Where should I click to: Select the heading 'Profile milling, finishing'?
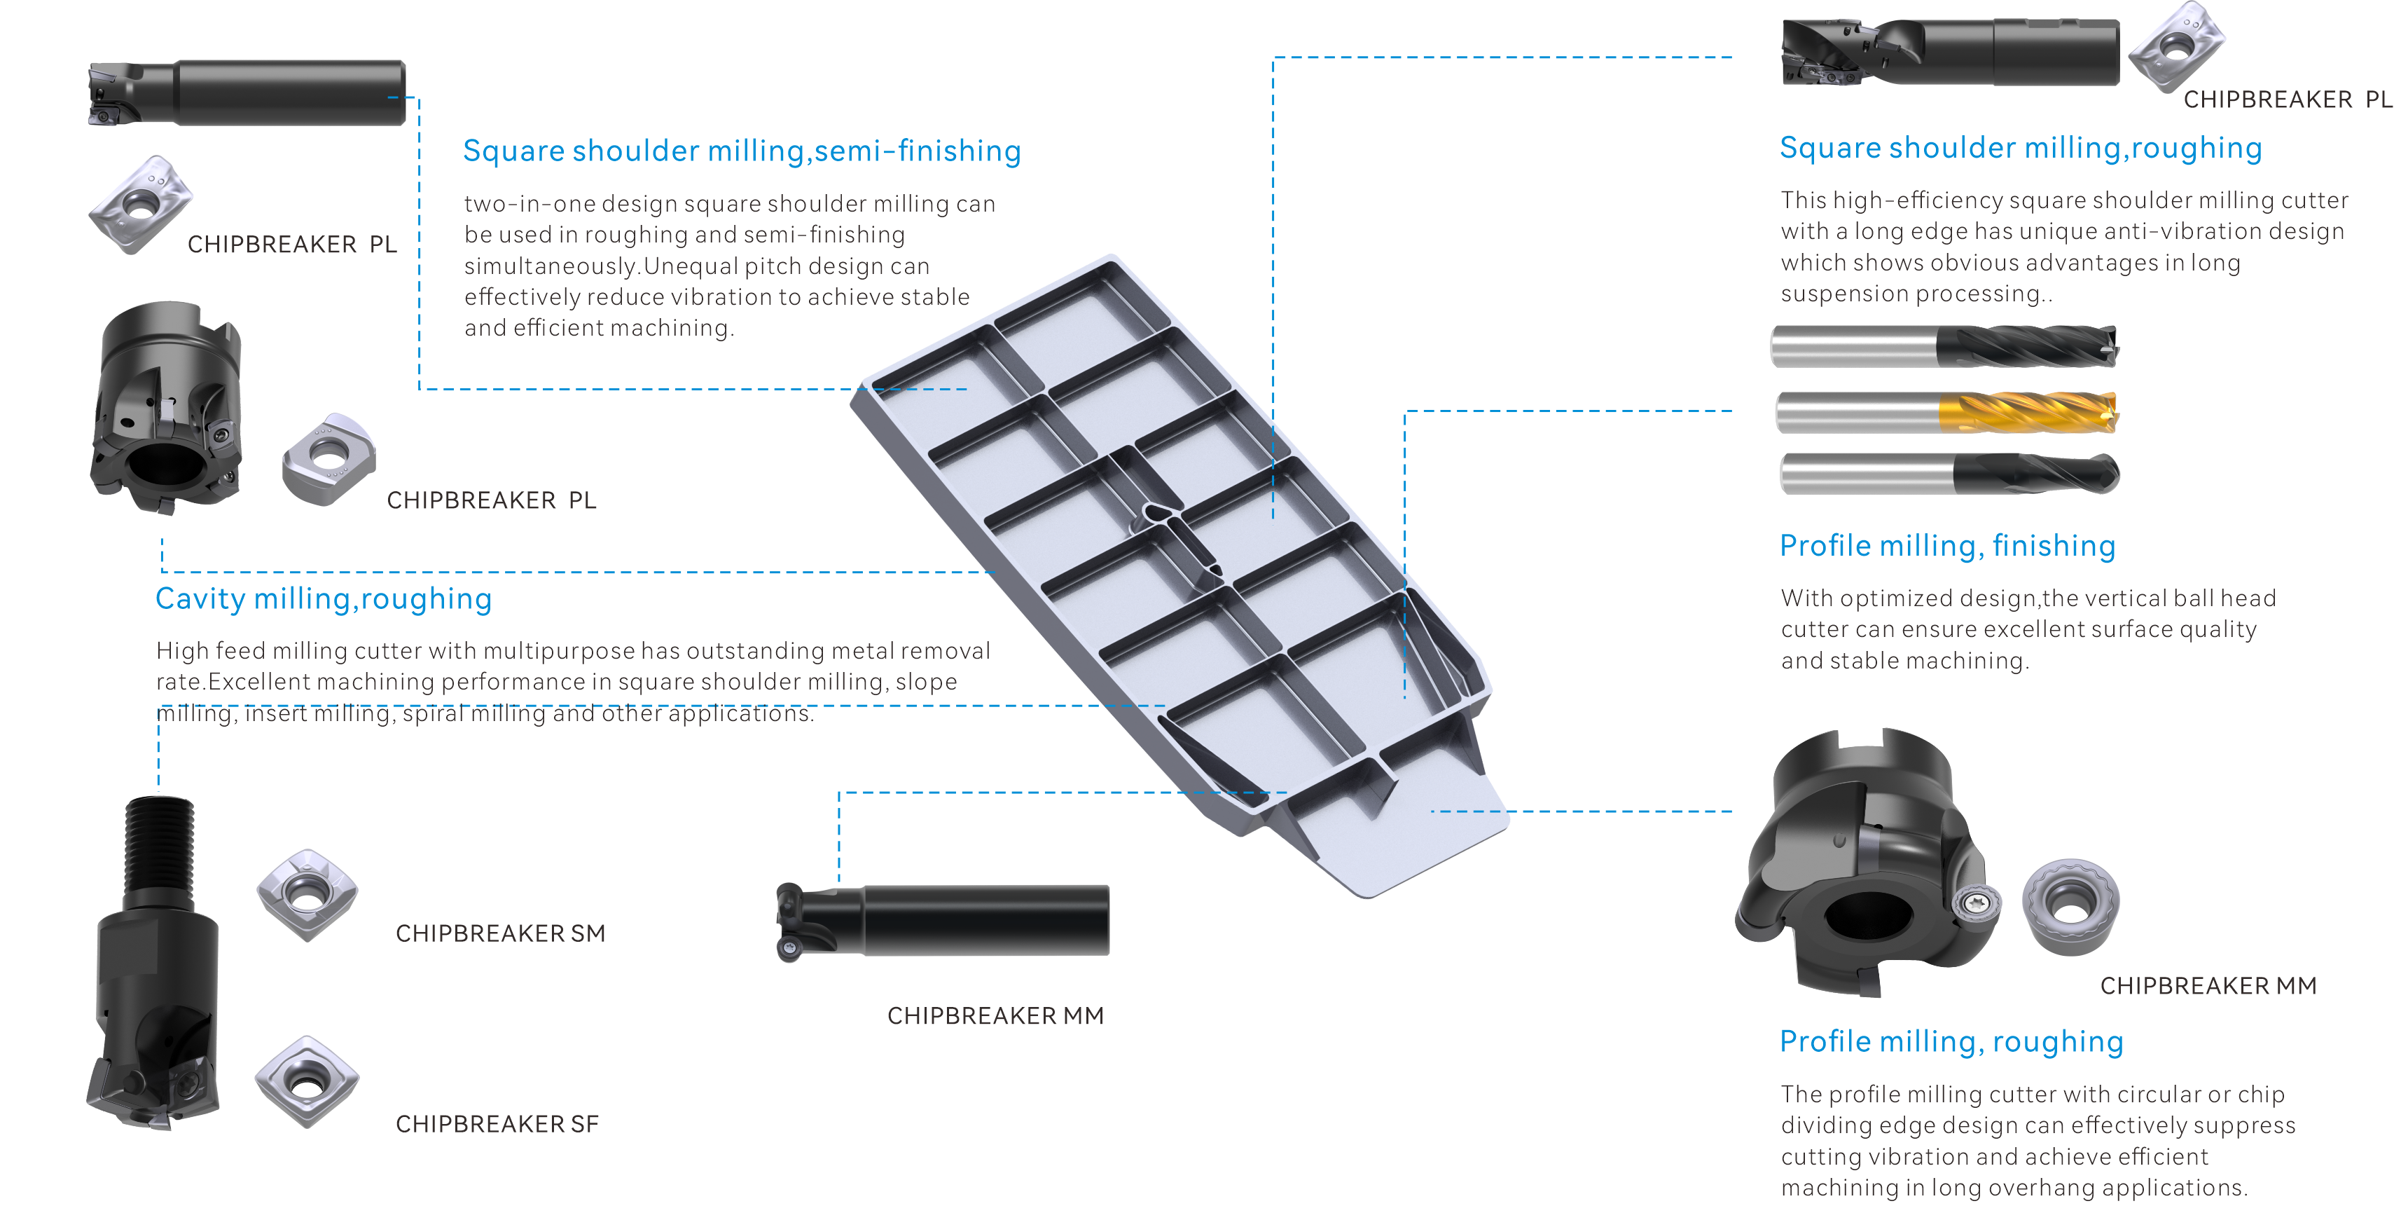point(1948,546)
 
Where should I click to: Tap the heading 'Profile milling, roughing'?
point(1951,1042)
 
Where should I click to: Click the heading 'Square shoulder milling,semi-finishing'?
point(742,151)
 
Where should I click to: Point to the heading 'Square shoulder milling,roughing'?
point(2021,148)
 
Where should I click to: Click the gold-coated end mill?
point(1947,412)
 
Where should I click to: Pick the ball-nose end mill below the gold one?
point(1950,474)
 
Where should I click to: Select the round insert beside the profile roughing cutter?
point(2070,906)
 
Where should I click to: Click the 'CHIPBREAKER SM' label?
point(500,933)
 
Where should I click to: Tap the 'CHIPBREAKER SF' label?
point(497,1124)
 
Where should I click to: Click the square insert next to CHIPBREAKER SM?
point(307,895)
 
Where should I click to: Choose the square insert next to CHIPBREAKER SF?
point(307,1082)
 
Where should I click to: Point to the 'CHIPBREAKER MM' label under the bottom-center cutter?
point(995,1015)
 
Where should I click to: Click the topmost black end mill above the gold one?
point(1944,347)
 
